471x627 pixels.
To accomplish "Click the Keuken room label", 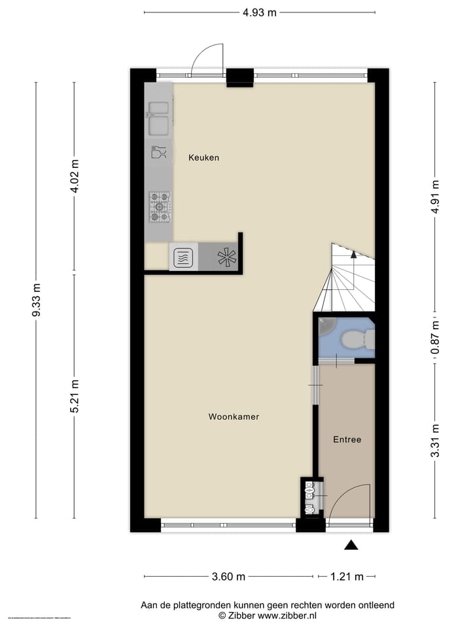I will pyautogui.click(x=203, y=157).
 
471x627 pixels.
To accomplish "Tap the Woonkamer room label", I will pyautogui.click(x=234, y=417).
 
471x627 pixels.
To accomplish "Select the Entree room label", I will pyautogui.click(x=347, y=440).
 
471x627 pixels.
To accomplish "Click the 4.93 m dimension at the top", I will pyautogui.click(x=259, y=12).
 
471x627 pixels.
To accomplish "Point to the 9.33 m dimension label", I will pyautogui.click(x=37, y=300).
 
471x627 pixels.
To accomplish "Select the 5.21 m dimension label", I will pyautogui.click(x=75, y=396).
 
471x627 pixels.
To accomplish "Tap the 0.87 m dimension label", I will pyautogui.click(x=435, y=340).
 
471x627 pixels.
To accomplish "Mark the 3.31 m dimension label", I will pyautogui.click(x=435, y=441).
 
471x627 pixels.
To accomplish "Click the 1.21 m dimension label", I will pyautogui.click(x=347, y=577).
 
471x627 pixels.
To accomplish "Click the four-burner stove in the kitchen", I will pyautogui.click(x=159, y=206).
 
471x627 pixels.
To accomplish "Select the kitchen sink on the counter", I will pyautogui.click(x=158, y=116).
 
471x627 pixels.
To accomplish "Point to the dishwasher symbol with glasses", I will pyautogui.click(x=158, y=152).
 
